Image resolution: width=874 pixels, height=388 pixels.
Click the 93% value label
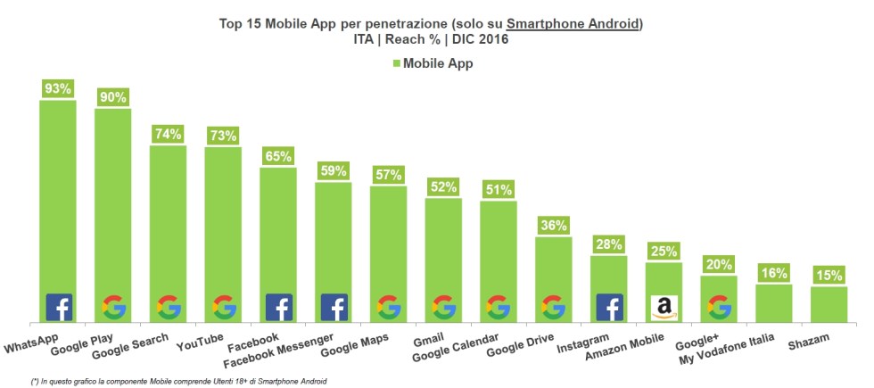click(58, 88)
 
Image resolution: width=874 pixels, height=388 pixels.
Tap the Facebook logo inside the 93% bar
click(59, 308)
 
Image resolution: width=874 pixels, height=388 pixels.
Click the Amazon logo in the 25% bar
click(663, 308)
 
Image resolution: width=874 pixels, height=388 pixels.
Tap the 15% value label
click(829, 275)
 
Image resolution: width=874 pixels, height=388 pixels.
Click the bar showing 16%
click(773, 303)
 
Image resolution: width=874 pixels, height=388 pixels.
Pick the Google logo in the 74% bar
click(169, 308)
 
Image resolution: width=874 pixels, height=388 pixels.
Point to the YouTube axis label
click(200, 342)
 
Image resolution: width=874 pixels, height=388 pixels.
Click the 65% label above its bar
click(278, 156)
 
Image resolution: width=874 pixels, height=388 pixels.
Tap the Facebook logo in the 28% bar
click(609, 308)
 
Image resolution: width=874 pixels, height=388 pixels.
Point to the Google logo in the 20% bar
click(719, 308)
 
